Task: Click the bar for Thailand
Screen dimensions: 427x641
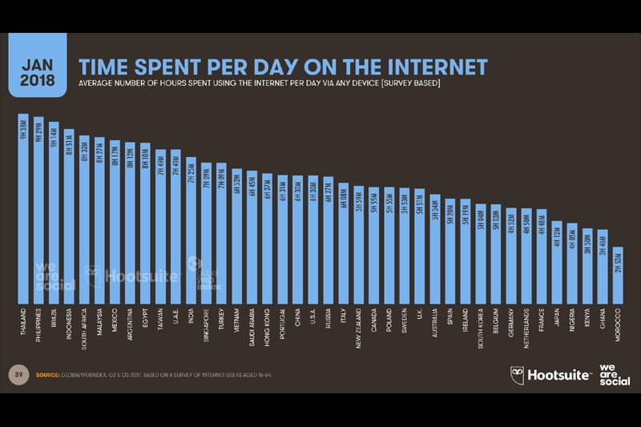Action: click(x=23, y=208)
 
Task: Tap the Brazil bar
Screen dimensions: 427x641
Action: click(x=54, y=212)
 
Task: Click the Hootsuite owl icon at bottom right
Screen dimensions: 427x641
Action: click(x=519, y=375)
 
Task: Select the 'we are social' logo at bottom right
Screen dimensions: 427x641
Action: click(x=614, y=374)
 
